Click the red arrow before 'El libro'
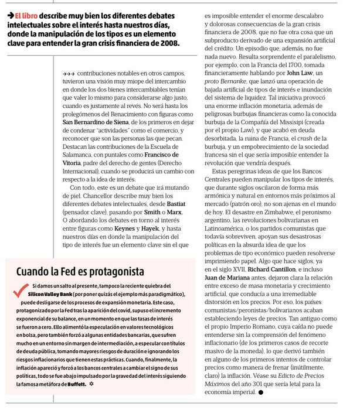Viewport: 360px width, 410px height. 11,16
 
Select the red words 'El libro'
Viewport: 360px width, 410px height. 27,16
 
